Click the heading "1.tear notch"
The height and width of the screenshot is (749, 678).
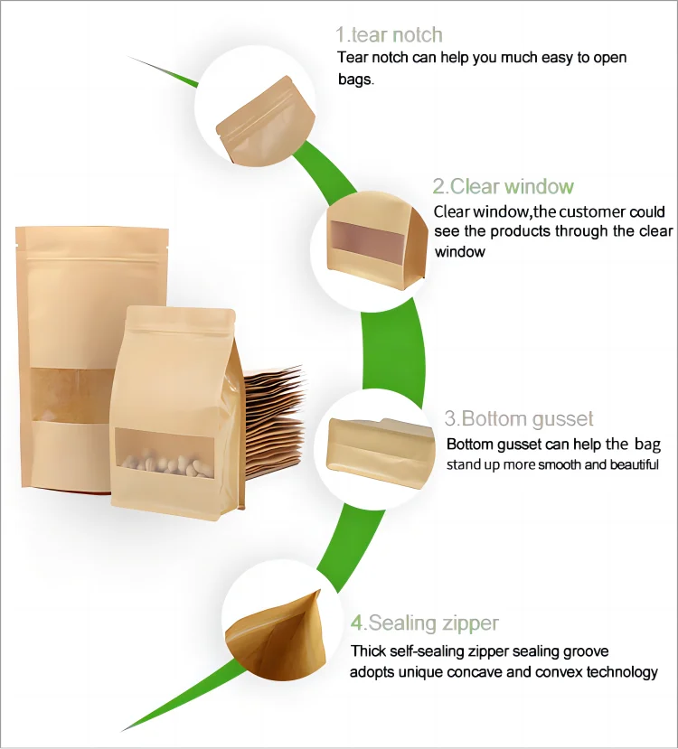coord(390,35)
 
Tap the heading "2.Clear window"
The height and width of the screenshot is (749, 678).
coord(503,187)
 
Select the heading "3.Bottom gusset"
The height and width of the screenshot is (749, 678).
coord(519,418)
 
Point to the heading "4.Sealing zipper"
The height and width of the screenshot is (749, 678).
coord(425,623)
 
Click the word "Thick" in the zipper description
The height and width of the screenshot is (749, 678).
coord(368,651)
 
